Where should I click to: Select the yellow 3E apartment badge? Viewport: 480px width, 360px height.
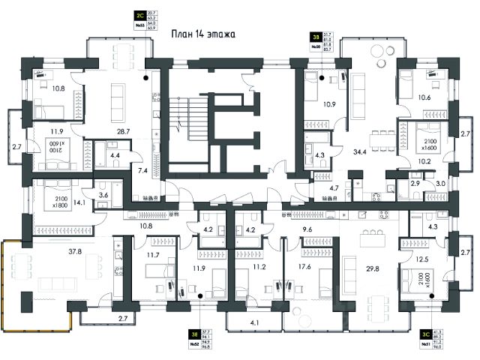[193, 335]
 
